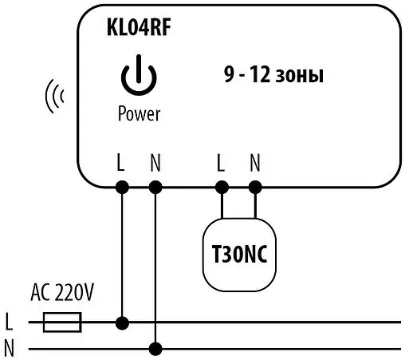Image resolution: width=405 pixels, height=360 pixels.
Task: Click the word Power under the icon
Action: click(x=139, y=114)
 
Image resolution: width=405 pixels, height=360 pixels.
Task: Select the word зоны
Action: click(x=301, y=77)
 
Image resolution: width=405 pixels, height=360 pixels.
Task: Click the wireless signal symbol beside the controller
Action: click(x=53, y=97)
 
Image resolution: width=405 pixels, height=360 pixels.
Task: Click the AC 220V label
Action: click(x=61, y=292)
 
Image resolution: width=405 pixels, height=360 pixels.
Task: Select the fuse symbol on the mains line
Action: click(x=61, y=323)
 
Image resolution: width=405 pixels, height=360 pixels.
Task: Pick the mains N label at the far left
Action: click(x=9, y=348)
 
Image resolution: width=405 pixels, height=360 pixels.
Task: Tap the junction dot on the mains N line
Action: click(x=155, y=349)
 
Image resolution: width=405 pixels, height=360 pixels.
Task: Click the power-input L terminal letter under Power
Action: click(x=120, y=164)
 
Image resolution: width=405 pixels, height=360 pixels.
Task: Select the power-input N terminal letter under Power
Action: click(x=155, y=164)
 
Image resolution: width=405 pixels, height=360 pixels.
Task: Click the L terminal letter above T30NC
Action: click(x=220, y=164)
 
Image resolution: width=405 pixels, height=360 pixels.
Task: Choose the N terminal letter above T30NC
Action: click(x=255, y=164)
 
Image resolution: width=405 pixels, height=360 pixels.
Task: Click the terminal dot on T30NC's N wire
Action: click(x=255, y=188)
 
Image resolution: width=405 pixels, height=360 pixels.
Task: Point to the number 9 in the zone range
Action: click(x=228, y=77)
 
